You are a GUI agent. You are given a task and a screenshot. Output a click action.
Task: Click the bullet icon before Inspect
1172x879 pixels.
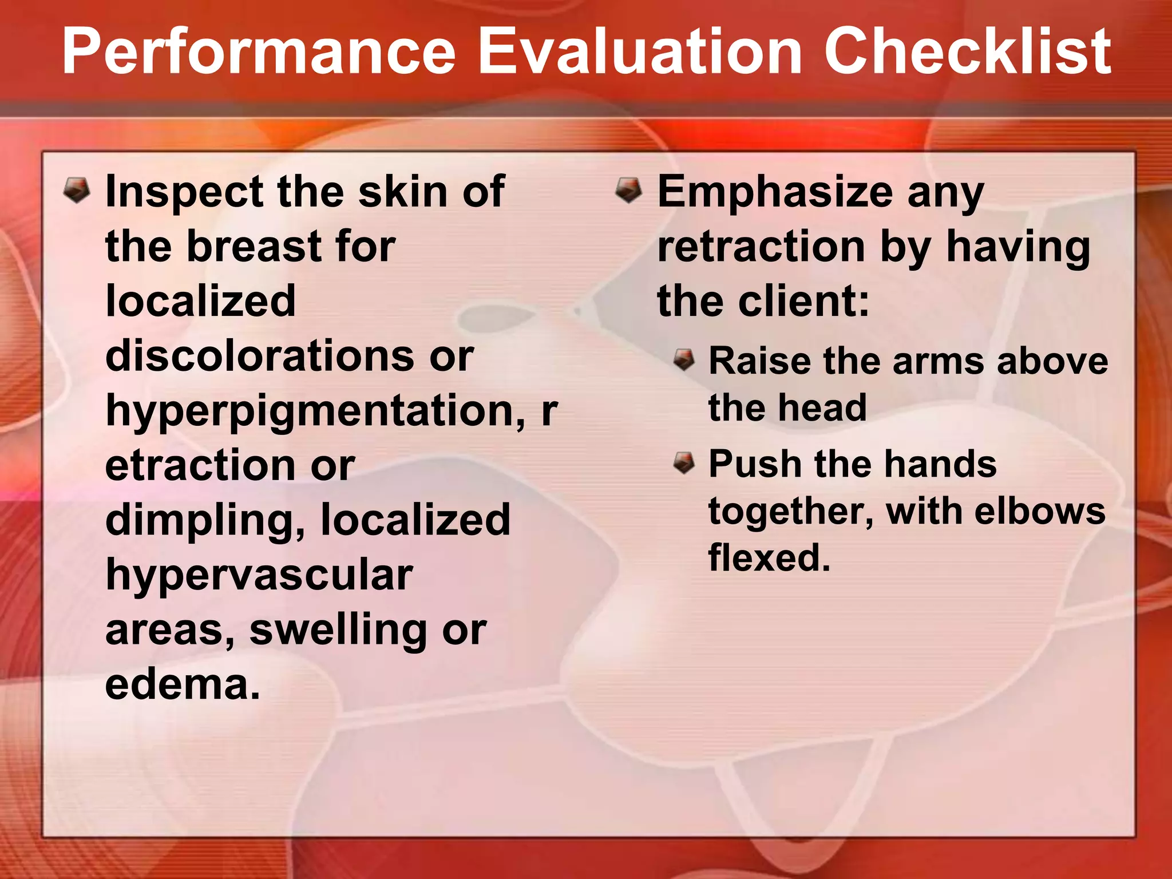click(x=77, y=191)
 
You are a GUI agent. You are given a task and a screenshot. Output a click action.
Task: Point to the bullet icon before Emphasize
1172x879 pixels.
click(x=629, y=191)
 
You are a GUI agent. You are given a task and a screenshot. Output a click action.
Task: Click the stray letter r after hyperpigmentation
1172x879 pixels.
click(x=549, y=411)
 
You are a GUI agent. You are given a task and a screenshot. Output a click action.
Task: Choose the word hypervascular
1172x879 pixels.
click(x=259, y=575)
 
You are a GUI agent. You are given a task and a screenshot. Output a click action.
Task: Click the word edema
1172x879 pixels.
click(x=182, y=684)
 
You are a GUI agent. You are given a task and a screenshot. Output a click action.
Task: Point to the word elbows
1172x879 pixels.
click(x=1040, y=510)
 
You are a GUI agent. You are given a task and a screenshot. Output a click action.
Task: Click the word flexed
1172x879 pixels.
click(x=769, y=557)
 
